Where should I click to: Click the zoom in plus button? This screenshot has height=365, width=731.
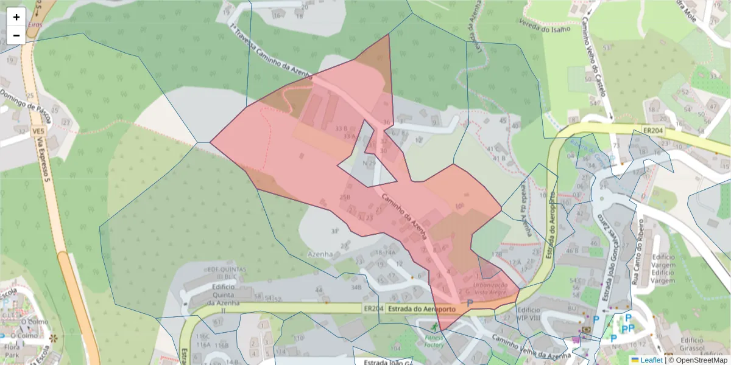click(x=16, y=17)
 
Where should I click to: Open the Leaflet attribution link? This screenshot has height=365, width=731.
click(x=651, y=360)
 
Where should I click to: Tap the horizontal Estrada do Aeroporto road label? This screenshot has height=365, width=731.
click(x=421, y=308)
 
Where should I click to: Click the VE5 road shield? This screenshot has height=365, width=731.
click(x=38, y=131)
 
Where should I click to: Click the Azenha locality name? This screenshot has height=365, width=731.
click(x=320, y=254)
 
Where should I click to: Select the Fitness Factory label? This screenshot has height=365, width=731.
click(x=434, y=341)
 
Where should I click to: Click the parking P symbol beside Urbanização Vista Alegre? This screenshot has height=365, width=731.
click(x=470, y=302)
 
